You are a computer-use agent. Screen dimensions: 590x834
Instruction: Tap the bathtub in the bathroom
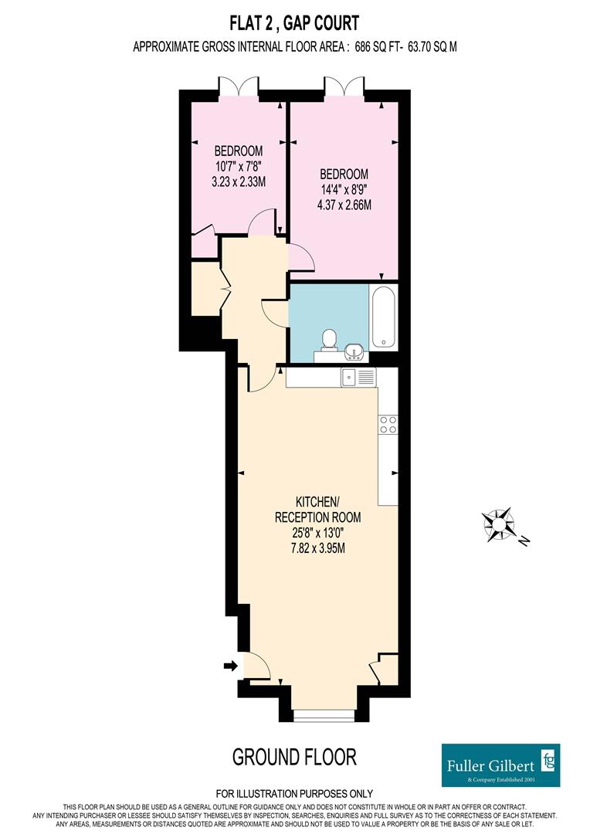tap(383, 317)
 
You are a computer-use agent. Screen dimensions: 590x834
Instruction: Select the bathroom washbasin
tap(354, 351)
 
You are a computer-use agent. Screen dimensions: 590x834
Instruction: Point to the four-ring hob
tap(388, 425)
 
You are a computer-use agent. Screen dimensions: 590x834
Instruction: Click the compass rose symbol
tap(499, 524)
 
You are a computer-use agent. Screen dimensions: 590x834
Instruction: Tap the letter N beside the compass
tap(524, 541)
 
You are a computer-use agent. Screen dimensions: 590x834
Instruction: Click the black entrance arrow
tap(230, 666)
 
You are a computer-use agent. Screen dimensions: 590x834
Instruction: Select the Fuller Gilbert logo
tap(500, 764)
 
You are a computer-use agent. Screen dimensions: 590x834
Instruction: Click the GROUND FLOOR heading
tap(294, 757)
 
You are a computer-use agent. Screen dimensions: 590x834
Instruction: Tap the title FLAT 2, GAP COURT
tap(294, 23)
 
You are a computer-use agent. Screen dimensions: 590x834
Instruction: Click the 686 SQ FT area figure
tap(379, 47)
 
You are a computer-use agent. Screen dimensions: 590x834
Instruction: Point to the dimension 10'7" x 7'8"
tap(239, 167)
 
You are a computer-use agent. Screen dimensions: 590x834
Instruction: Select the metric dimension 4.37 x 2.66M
tap(344, 205)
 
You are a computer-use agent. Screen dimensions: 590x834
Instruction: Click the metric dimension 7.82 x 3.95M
tap(317, 548)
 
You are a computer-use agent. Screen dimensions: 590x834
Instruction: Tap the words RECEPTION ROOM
tap(317, 517)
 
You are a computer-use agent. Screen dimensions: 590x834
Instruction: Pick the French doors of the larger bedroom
tap(344, 86)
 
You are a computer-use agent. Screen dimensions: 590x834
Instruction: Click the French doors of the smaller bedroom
tap(239, 86)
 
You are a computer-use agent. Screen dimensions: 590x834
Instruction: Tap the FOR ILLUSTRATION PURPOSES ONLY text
tap(294, 794)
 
